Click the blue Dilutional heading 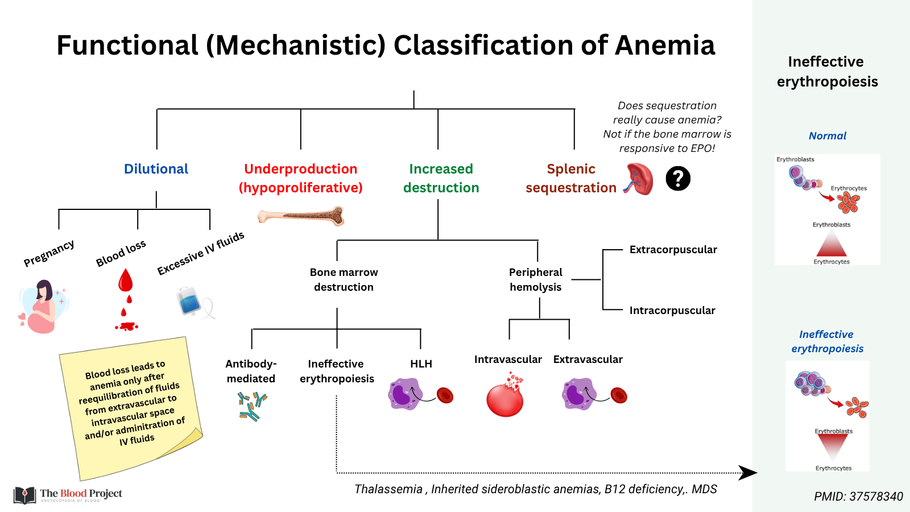click(x=156, y=169)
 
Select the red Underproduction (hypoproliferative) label click(x=300, y=178)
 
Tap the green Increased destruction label click(x=441, y=178)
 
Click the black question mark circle click(x=677, y=179)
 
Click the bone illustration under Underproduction click(x=301, y=216)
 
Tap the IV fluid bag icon click(x=190, y=301)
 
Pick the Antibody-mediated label click(x=251, y=371)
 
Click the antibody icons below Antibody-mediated click(x=252, y=406)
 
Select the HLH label click(x=421, y=364)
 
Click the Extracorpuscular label click(x=673, y=250)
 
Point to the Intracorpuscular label click(x=672, y=311)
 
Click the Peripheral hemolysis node click(x=535, y=280)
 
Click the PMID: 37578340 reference click(x=858, y=497)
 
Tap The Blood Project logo click(x=68, y=494)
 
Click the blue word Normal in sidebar click(x=827, y=136)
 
